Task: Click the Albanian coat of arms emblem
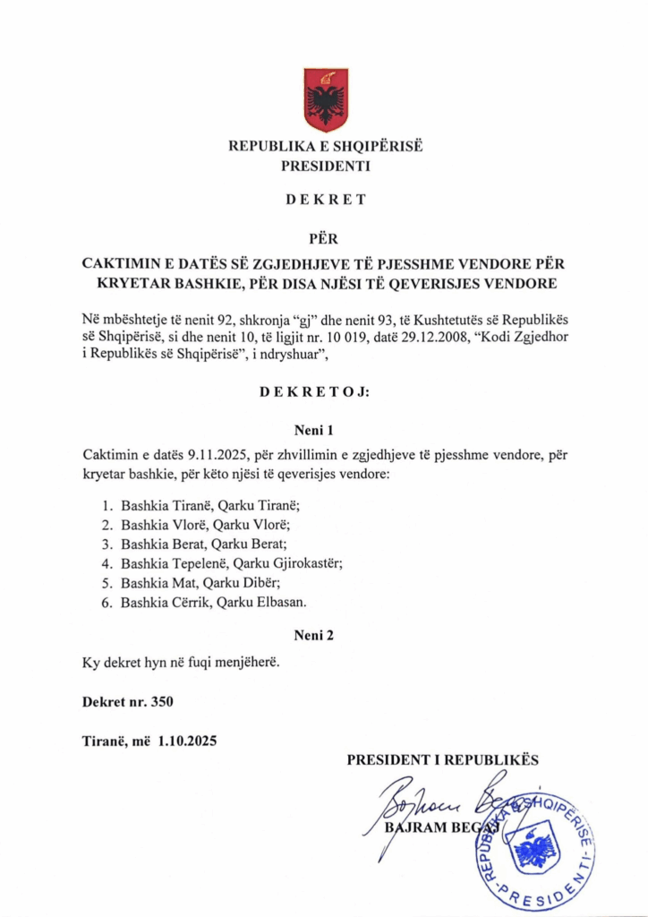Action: tap(326, 99)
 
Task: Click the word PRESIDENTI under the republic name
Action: tap(325, 166)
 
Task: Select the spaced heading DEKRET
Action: tap(325, 200)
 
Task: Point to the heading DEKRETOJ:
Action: tap(325, 392)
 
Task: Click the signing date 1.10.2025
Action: tap(187, 741)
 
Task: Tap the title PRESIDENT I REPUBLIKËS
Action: tap(442, 759)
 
